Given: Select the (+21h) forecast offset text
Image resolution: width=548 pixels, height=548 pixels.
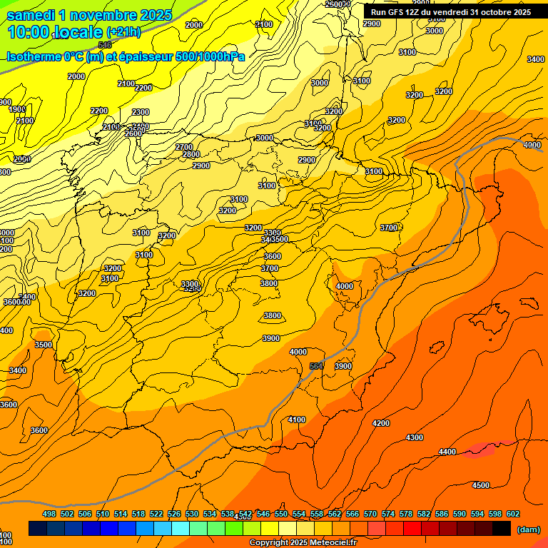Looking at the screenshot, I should coord(123,32).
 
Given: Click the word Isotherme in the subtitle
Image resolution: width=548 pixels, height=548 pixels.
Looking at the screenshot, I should coord(33,56).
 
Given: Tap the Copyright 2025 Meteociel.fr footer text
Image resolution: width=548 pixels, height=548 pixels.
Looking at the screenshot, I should coord(303,543).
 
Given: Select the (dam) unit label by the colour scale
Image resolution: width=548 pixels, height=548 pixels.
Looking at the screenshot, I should coord(528,529).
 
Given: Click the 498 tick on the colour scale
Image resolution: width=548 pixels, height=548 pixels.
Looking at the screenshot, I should coord(49,514).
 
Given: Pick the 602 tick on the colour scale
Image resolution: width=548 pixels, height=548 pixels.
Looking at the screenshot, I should coord(513,514).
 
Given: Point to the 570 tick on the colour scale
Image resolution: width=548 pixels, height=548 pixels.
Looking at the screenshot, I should coord(370,514).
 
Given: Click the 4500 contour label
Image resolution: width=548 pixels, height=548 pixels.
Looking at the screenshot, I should coord(481,485).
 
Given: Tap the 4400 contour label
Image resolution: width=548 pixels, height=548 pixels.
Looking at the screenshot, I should coord(447,452).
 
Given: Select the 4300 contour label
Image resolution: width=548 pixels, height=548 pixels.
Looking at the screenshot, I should coord(414,437).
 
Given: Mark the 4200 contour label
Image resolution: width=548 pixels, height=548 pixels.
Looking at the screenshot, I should coord(381,423).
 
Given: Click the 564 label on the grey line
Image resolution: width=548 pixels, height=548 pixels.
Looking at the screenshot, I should coord(317,366).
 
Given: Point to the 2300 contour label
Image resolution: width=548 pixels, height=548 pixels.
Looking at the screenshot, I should coord(141,112).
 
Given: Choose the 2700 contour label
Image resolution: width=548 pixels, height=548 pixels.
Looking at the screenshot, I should coord(183,147).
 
